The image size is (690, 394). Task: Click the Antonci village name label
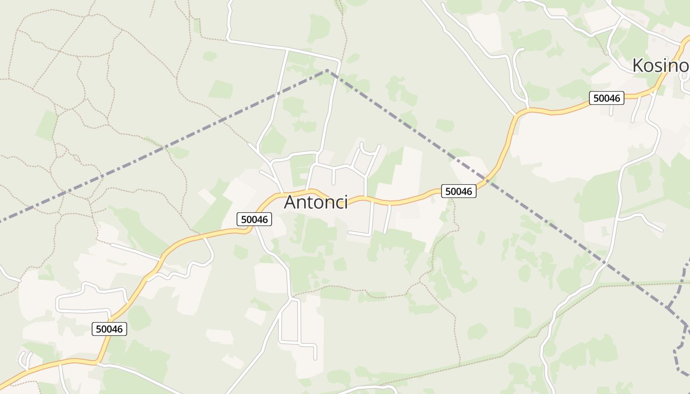click(316, 202)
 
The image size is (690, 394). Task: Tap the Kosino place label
click(660, 66)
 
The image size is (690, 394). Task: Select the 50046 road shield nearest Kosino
click(607, 98)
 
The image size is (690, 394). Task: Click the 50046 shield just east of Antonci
click(459, 191)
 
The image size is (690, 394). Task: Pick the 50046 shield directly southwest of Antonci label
click(254, 219)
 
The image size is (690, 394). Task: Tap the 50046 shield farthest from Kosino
click(109, 329)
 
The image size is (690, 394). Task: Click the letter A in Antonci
click(291, 202)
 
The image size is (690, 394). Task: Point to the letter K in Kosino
click(638, 66)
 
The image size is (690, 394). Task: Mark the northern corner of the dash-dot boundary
click(327, 70)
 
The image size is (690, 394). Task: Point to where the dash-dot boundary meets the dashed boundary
click(668, 308)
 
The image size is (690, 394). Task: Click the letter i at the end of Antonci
click(346, 202)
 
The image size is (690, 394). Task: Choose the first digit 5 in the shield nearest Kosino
click(596, 98)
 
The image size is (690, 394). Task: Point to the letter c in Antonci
click(339, 203)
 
